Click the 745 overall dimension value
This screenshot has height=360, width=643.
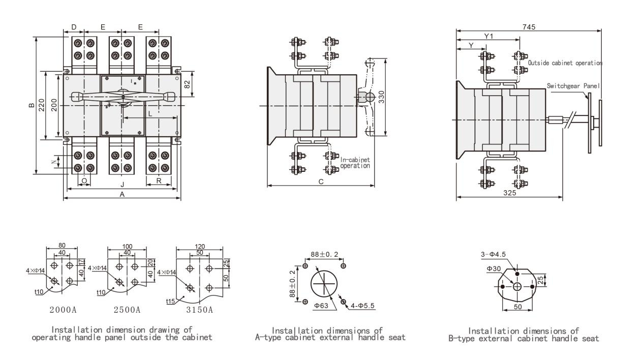tap(529, 27)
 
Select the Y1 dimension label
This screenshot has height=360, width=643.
tap(488, 36)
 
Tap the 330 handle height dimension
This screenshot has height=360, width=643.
tap(382, 97)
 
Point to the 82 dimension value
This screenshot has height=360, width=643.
tap(187, 84)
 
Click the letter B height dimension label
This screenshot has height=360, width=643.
tap(32, 105)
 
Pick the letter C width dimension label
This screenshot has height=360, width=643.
tap(321, 182)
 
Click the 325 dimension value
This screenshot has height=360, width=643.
tap(509, 193)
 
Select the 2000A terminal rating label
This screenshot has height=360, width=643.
tap(63, 310)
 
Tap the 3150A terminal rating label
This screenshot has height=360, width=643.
tap(199, 310)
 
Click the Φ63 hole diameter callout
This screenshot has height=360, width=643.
tap(321, 306)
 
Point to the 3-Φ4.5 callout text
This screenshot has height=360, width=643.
tap(493, 254)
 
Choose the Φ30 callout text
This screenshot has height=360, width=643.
tap(494, 268)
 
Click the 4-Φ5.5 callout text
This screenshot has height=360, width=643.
tap(362, 306)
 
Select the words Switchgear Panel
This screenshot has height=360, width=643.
tap(573, 86)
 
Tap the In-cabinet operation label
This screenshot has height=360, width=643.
tap(355, 163)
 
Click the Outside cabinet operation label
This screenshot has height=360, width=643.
tap(565, 63)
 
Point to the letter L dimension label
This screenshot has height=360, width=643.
tap(150, 114)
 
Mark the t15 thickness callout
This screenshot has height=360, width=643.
tap(170, 301)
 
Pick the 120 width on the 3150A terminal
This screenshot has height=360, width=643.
tap(200, 246)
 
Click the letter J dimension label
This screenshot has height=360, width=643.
tap(123, 184)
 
